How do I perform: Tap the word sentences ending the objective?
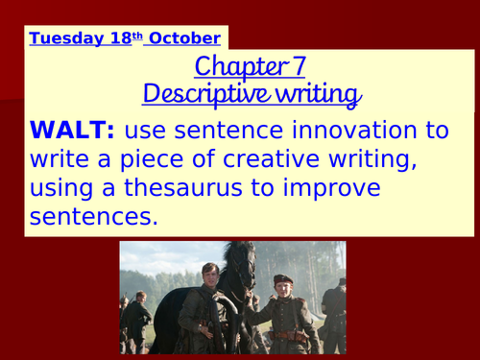coord(92,215)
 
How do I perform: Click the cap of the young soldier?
coord(282,279)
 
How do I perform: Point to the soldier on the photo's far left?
coord(135,322)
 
